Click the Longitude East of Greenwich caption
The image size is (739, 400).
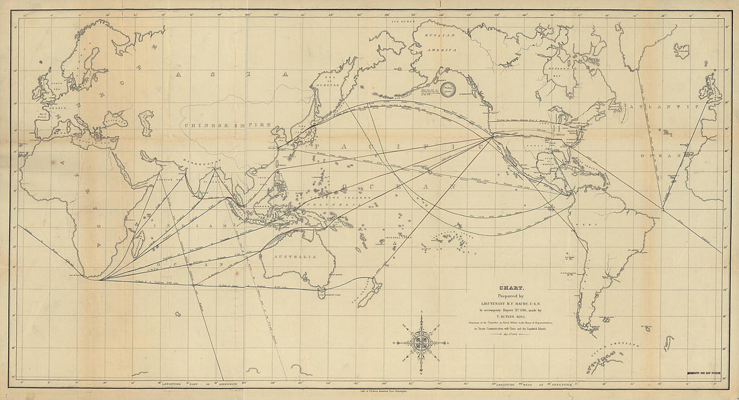185,383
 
